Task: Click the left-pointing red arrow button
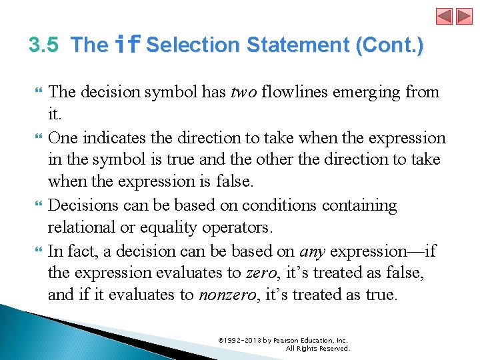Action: point(445,16)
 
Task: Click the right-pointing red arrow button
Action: point(463,16)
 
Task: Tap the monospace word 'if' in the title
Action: point(127,45)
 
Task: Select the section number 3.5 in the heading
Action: point(44,45)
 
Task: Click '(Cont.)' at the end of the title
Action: point(389,45)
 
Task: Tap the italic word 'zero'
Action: point(258,273)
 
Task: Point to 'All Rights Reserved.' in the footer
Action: point(317,348)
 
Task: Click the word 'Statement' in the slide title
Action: point(298,45)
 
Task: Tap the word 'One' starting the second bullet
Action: point(62,138)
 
